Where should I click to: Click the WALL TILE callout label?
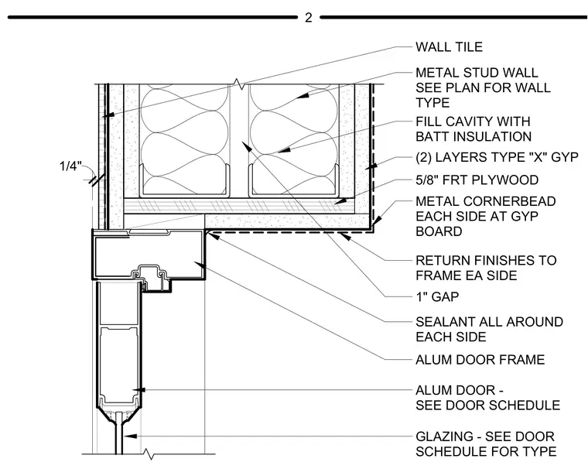[449, 47]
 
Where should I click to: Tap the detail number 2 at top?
[308, 18]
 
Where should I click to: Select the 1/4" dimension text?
[70, 166]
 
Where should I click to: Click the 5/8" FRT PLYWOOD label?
[477, 180]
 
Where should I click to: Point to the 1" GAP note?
[437, 297]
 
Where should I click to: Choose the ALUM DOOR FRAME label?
[480, 360]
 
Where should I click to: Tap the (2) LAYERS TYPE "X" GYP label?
[497, 157]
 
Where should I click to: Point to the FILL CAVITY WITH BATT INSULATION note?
[473, 129]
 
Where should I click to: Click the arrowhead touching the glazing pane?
[130, 436]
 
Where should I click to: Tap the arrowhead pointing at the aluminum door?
[138, 390]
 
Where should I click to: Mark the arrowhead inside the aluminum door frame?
[200, 265]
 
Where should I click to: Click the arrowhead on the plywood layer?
[340, 202]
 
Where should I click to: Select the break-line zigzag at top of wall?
[238, 84]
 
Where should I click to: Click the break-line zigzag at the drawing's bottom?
[149, 454]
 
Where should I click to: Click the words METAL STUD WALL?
[477, 73]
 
